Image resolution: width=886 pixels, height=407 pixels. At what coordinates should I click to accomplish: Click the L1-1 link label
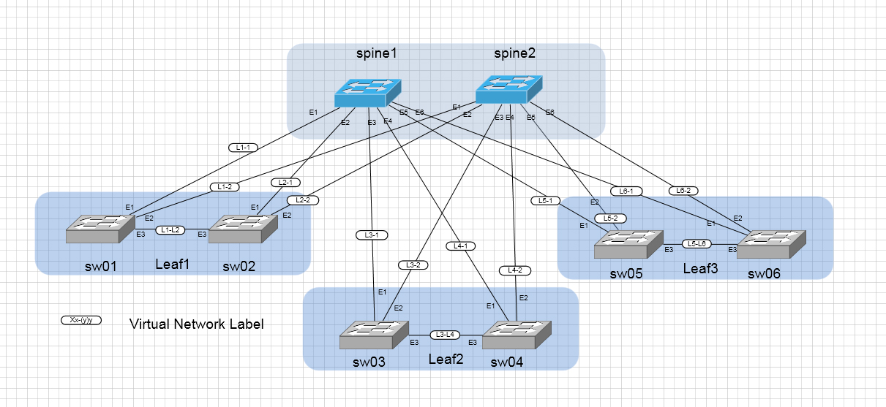(x=243, y=148)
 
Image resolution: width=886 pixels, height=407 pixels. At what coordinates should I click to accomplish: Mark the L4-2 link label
(x=515, y=270)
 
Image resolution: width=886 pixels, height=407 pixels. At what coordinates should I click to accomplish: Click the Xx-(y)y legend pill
(x=81, y=320)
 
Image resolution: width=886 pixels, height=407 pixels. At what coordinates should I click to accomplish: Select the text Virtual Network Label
(x=196, y=324)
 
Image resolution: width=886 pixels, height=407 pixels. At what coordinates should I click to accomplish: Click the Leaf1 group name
(x=173, y=263)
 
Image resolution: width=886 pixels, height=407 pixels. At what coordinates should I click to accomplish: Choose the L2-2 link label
(x=302, y=200)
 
